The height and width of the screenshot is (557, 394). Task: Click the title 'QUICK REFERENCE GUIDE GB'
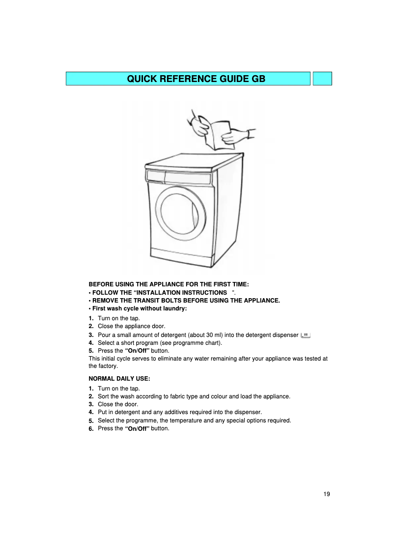point(196,79)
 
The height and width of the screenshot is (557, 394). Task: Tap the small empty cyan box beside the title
point(322,79)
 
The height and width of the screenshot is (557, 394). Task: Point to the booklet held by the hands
point(216,133)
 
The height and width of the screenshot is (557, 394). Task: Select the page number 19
point(327,494)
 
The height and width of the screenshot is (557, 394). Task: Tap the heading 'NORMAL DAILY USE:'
point(119,379)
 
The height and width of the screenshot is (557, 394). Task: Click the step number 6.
point(91,429)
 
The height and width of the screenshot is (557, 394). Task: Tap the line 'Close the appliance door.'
point(131,326)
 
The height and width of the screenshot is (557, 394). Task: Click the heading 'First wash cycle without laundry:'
point(140,308)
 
